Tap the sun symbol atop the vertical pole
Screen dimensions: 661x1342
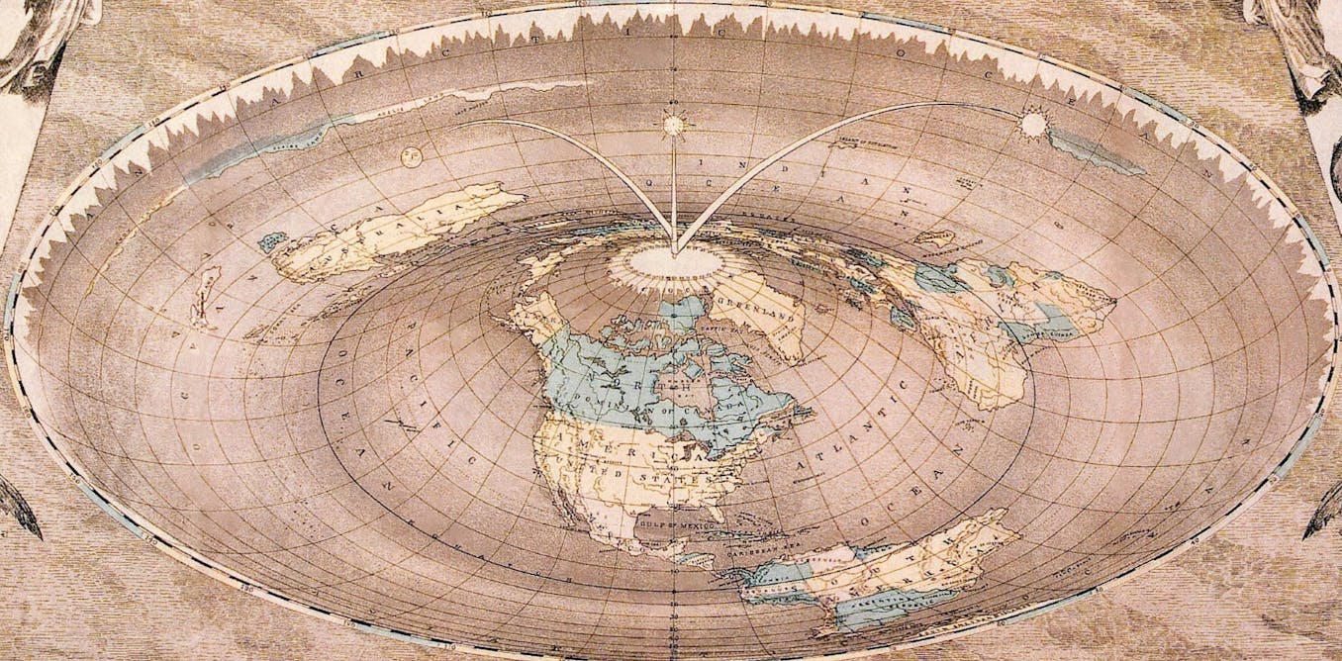point(674,125)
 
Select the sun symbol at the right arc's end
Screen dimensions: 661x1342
point(1032,125)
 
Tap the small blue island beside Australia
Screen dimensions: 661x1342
point(270,240)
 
